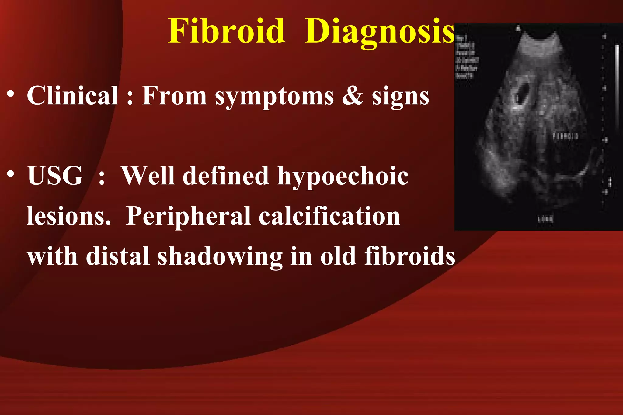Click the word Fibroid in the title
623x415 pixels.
[226, 31]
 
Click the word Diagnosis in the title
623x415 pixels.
[380, 32]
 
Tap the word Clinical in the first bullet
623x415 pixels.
[72, 96]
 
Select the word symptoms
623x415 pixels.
[274, 97]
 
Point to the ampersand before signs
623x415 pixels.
[353, 96]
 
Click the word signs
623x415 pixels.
[400, 97]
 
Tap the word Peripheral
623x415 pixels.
[188, 217]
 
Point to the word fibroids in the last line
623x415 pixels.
[409, 256]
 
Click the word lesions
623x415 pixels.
[69, 217]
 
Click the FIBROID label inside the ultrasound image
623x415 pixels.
[565, 136]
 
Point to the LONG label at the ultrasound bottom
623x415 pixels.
[546, 218]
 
